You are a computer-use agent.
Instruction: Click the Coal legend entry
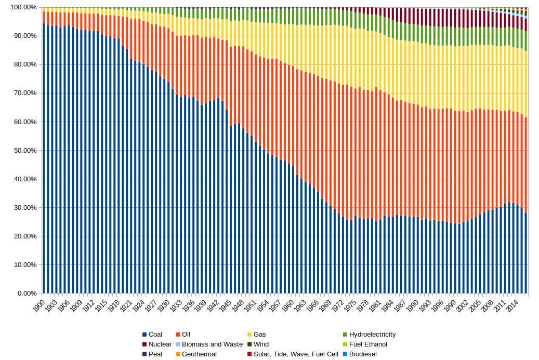(155, 335)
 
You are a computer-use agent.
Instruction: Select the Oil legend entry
(186, 335)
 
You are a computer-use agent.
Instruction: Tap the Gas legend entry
(259, 335)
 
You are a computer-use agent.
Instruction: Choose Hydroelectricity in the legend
(372, 335)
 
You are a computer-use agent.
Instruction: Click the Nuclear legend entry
(160, 344)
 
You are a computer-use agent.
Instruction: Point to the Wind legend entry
(261, 344)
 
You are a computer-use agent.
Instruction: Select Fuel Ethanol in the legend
(367, 344)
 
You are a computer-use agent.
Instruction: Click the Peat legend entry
(155, 354)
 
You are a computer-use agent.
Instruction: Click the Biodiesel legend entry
(362, 354)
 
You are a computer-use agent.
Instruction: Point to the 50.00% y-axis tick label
(23, 151)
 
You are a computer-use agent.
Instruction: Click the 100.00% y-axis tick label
(22, 7)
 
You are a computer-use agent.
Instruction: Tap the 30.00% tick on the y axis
(23, 208)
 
